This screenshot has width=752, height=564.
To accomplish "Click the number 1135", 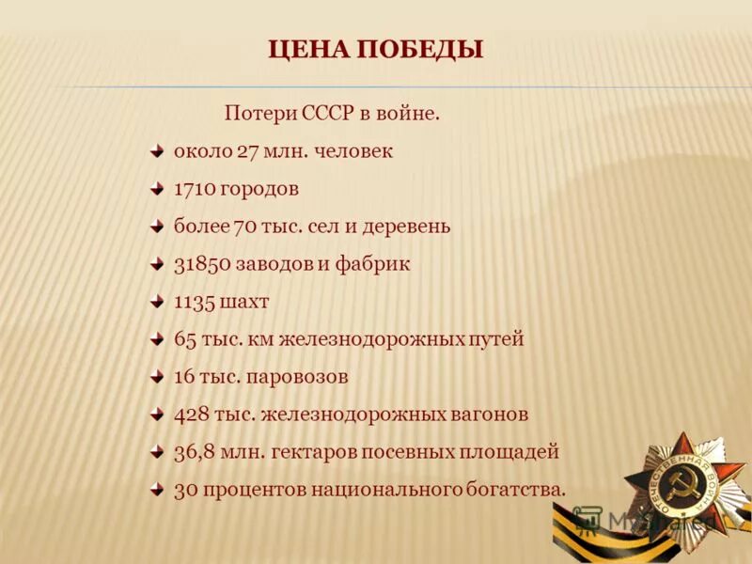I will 195,302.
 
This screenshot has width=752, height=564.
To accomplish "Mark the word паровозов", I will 301,377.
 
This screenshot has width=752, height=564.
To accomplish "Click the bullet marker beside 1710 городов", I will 157,188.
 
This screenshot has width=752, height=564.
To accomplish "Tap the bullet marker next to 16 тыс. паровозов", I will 157,376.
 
